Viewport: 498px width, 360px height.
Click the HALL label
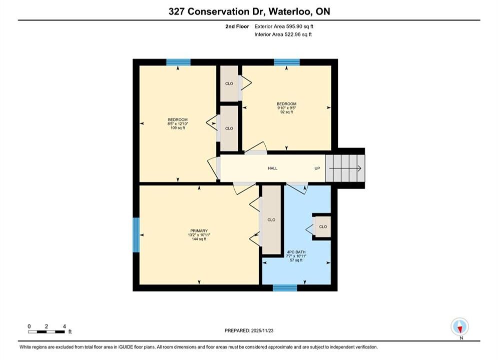pyautogui.click(x=272, y=168)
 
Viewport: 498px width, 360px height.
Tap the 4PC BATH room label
pyautogui.click(x=296, y=252)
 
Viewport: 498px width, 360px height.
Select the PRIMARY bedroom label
pyautogui.click(x=199, y=230)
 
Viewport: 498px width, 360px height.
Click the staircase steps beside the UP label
pyautogui.click(x=345, y=168)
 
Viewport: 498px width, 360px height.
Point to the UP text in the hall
pyautogui.click(x=317, y=168)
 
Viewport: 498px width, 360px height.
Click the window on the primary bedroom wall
pyautogui.click(x=136, y=234)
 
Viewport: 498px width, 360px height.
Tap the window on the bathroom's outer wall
pyautogui.click(x=285, y=287)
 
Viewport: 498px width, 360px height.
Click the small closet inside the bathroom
pyautogui.click(x=323, y=226)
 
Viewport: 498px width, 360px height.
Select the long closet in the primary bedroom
pyautogui.click(x=271, y=219)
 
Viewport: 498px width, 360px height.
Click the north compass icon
pyautogui.click(x=459, y=326)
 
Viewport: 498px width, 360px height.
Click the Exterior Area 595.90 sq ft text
pyautogui.click(x=284, y=26)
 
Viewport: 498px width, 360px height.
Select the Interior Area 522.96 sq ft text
pyautogui.click(x=283, y=34)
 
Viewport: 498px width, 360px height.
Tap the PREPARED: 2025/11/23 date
pyautogui.click(x=249, y=330)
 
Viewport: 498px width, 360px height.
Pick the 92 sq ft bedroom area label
pyautogui.click(x=286, y=112)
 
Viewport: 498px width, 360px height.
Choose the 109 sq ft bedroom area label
pyautogui.click(x=178, y=128)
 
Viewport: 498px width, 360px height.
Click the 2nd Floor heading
pyautogui.click(x=237, y=26)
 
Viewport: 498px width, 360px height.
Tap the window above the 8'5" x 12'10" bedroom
pyautogui.click(x=179, y=62)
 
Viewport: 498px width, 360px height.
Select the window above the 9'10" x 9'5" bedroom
pyautogui.click(x=287, y=62)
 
